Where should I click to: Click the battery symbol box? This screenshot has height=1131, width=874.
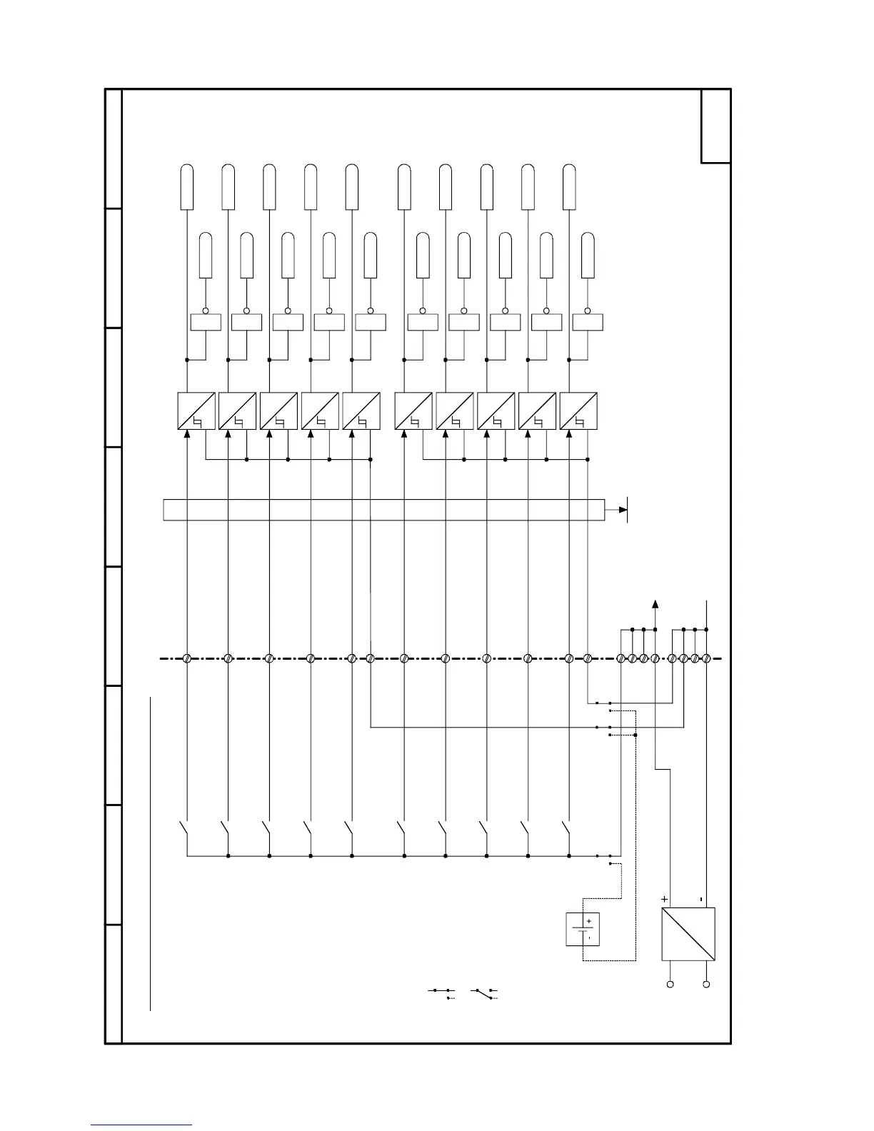pos(583,929)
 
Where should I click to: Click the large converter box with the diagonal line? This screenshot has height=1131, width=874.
pos(688,934)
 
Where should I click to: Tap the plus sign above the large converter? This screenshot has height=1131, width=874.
pos(665,899)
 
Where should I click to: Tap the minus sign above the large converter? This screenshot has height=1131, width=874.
pos(701,899)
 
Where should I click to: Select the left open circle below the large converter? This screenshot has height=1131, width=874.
pos(670,985)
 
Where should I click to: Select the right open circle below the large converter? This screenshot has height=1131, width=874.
pos(706,985)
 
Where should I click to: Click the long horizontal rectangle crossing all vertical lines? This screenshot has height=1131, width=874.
pos(384,510)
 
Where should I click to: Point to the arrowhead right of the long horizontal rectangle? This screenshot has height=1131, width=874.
pos(623,510)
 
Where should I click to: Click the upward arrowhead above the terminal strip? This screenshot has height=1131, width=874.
pos(655,604)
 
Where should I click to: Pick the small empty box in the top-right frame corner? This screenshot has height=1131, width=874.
pos(715,126)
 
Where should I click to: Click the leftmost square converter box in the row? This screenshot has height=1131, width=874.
pos(196,411)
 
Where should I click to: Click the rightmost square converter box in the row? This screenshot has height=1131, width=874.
pos(578,411)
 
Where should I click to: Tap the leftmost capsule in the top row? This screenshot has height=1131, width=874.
pos(186,187)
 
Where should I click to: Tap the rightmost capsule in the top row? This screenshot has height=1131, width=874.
pos(569,187)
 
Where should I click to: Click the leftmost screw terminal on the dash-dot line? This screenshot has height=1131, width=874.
pos(186,658)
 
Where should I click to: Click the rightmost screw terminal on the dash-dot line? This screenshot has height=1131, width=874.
pos(706,658)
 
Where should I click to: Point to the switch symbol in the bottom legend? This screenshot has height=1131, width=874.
pos(484,992)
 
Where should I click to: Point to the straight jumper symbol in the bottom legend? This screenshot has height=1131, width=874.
pos(441,992)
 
